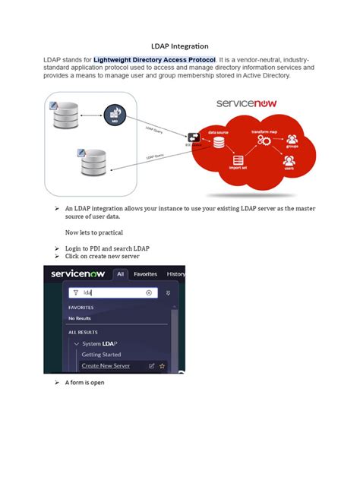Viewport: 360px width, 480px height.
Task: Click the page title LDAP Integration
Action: click(180, 46)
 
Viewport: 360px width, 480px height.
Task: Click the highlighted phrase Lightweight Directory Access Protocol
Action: click(155, 59)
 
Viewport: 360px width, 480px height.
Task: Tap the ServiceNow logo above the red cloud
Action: click(247, 102)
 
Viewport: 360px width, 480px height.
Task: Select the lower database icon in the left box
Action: click(93, 161)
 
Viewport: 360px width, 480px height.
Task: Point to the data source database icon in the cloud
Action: click(220, 142)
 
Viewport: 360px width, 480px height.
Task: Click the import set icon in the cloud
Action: click(239, 161)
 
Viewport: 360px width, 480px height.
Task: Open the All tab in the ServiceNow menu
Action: click(120, 274)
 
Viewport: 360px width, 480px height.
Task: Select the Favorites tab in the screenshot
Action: click(146, 274)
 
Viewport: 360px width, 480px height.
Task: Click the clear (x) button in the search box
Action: click(149, 292)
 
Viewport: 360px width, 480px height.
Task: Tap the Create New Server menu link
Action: click(106, 366)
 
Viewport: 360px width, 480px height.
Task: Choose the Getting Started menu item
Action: click(101, 355)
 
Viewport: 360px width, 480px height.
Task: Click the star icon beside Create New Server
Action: click(162, 366)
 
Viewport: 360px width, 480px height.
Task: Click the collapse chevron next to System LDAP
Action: click(77, 344)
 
